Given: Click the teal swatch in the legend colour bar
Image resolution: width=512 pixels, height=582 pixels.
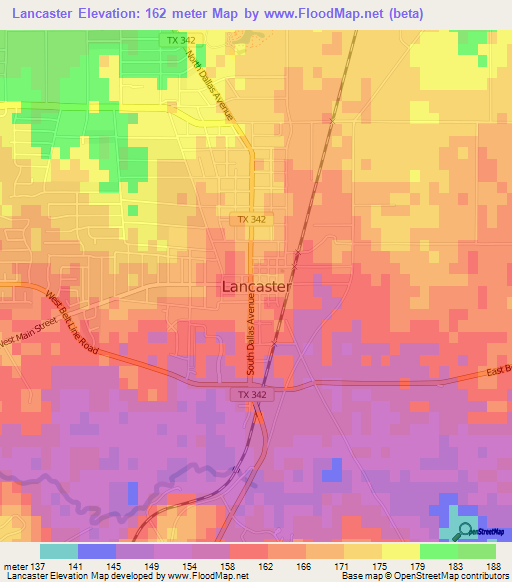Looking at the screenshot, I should click(59, 551).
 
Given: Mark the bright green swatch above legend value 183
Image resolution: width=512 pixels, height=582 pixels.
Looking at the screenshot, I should click(439, 551).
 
